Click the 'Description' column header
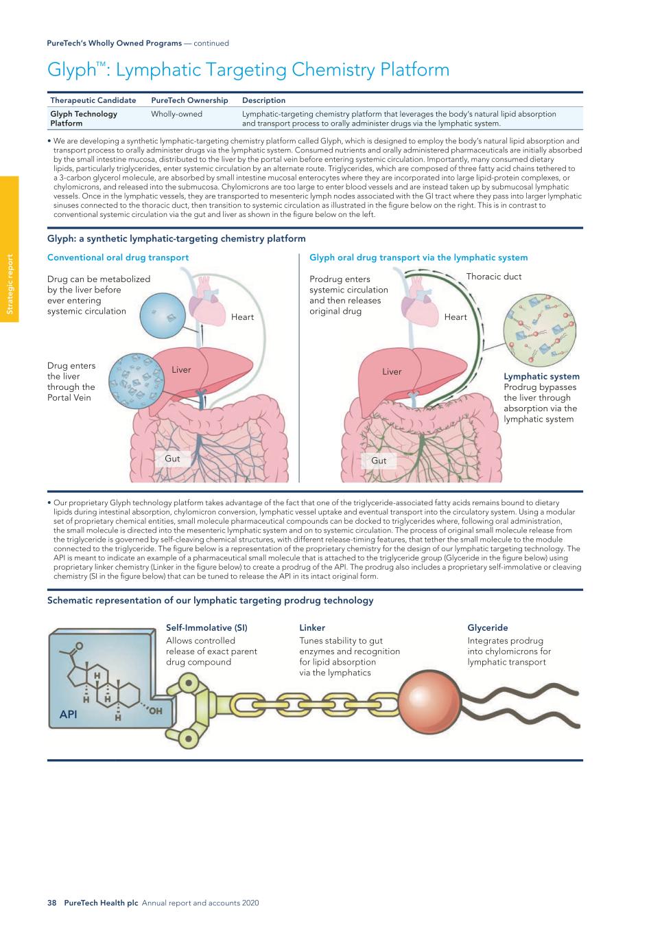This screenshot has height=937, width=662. point(263,100)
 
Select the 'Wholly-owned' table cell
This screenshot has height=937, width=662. point(176,114)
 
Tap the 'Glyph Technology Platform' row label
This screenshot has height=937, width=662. point(84,119)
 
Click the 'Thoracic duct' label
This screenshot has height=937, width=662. point(493,277)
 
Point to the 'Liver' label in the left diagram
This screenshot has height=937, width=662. point(181,370)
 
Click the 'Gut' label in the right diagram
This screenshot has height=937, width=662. point(379,461)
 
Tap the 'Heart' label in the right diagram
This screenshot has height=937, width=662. point(456,317)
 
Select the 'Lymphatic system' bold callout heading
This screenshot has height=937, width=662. point(541,376)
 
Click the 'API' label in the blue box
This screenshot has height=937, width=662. point(68,715)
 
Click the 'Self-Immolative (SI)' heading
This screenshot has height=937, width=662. point(206,627)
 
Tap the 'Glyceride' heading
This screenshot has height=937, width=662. point(488,627)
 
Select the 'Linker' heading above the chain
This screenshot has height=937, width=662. point(312,627)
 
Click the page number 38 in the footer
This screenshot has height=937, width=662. point(51,903)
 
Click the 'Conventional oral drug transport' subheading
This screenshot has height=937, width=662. point(118,257)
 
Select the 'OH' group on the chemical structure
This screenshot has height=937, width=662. point(156,710)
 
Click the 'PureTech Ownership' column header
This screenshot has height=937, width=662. point(189,100)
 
